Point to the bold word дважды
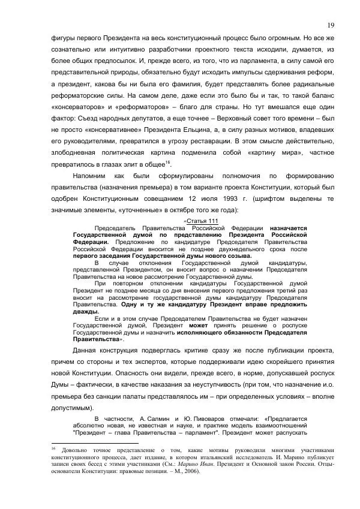click(83, 312)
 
